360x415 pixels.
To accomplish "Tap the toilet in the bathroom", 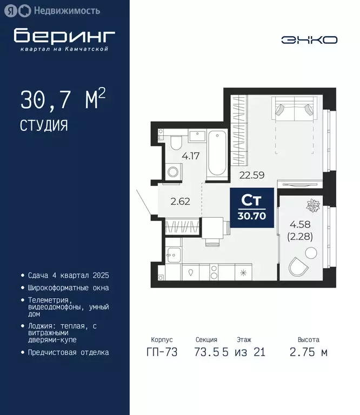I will point(176,144).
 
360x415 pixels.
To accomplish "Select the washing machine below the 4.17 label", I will point(174,172).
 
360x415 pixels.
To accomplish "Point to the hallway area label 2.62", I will point(180,203).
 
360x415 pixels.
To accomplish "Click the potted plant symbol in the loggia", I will point(313,205).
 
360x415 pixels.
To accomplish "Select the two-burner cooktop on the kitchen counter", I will point(213,272).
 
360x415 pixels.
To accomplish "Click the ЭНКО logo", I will point(309,40).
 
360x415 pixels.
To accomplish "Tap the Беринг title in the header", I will point(64,36).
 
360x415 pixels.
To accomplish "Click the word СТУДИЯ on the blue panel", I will point(44,126).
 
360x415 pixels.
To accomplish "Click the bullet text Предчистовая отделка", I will point(68,352).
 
